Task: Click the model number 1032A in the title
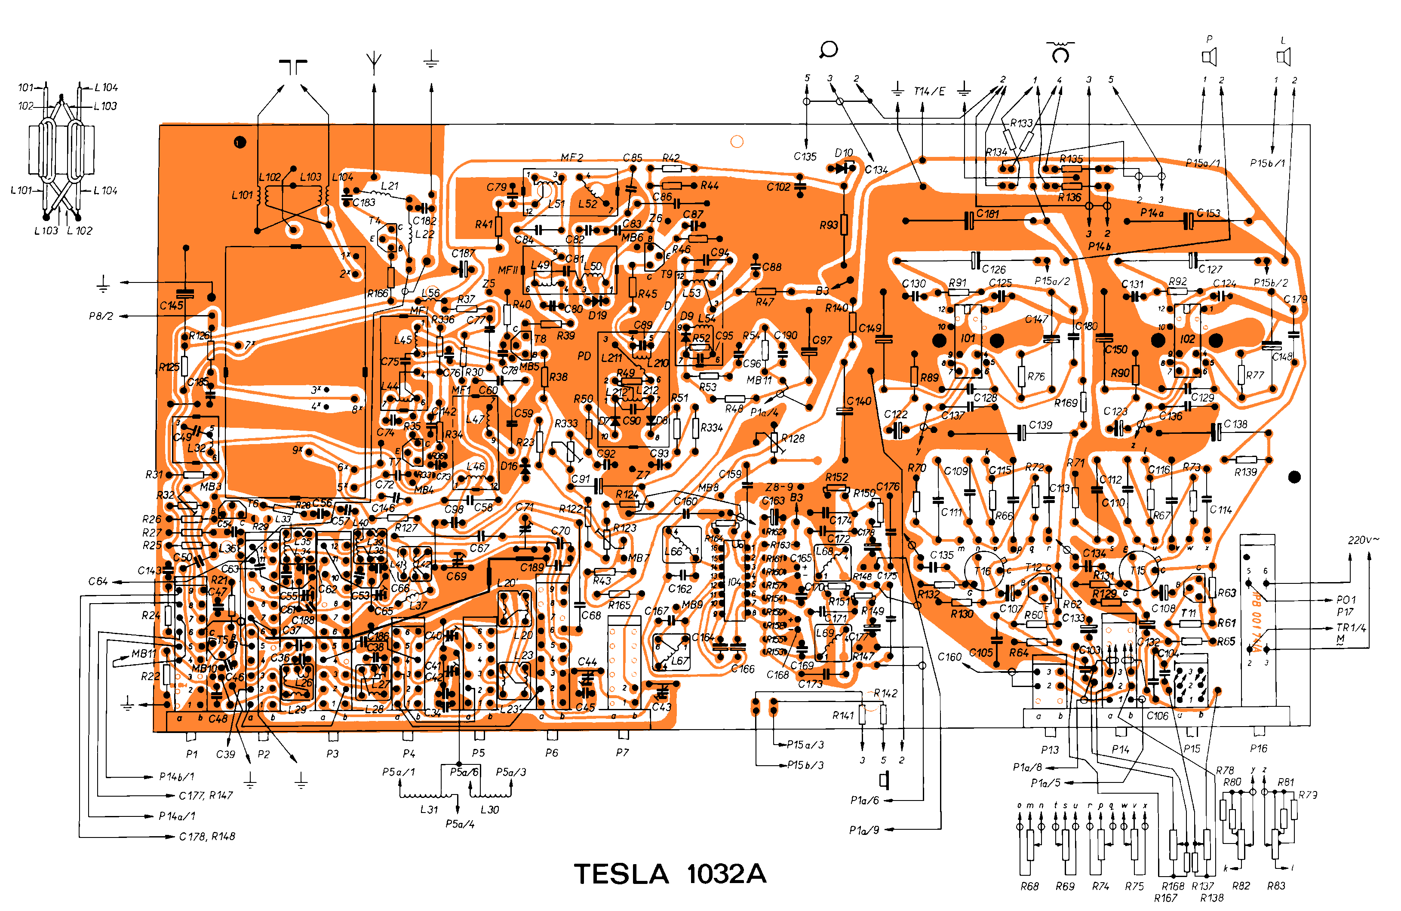coord(726,874)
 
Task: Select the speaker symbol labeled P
coord(1209,57)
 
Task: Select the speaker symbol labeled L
coord(1283,57)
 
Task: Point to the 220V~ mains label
coord(1363,540)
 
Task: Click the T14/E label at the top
coord(929,91)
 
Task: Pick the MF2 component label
coord(571,158)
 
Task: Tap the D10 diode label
coord(844,153)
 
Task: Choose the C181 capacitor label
coord(988,214)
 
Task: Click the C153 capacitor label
coord(1208,213)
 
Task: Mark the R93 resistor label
coord(828,225)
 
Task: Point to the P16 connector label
coord(1259,748)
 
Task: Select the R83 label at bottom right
coord(1276,886)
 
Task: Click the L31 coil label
coord(429,810)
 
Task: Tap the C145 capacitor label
coord(171,305)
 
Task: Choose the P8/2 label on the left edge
coord(101,316)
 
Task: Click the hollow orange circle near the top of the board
coord(737,141)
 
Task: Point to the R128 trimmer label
coord(793,439)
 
